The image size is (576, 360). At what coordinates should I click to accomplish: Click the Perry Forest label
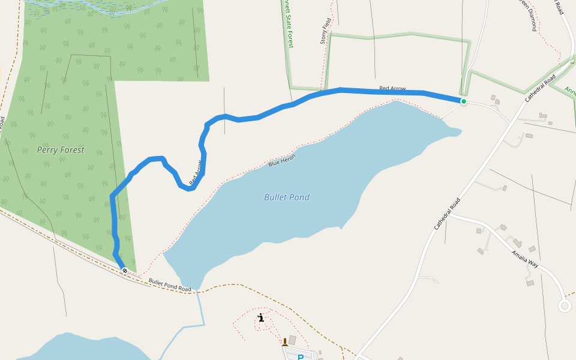point(61,150)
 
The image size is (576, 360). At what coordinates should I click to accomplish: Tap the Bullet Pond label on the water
point(287,197)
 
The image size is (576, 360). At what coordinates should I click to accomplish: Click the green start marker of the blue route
point(464,101)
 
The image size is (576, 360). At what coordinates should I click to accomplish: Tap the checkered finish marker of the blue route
point(125,271)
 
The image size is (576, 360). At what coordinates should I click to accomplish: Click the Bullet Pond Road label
point(170,285)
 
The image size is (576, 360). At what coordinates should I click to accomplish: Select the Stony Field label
point(326,31)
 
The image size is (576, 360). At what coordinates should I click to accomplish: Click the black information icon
point(261,318)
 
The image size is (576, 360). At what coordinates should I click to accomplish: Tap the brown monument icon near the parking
point(285,343)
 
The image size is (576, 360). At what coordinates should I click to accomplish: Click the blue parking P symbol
point(301,357)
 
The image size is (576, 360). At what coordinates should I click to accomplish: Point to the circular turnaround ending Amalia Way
point(564,306)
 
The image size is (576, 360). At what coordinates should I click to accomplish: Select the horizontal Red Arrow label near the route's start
point(392,89)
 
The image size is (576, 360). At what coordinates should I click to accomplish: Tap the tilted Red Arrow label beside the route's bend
point(196,172)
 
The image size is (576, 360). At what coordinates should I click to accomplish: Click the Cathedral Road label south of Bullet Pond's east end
point(447,214)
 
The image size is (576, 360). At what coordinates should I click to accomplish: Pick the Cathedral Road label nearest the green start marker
point(542,88)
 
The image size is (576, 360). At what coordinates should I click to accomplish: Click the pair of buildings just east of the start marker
point(496,100)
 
